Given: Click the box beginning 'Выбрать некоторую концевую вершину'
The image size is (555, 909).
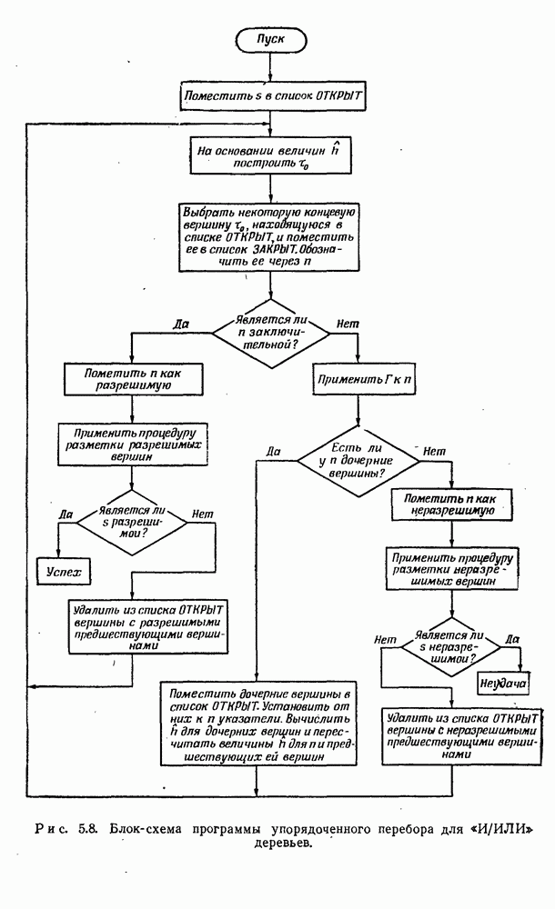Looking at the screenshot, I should (x=270, y=235).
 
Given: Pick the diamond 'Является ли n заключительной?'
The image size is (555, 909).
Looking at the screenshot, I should (x=270, y=334).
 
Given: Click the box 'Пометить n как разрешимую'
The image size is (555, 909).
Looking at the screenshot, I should (x=131, y=379).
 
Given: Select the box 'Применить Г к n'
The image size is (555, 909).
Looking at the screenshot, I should (x=361, y=379).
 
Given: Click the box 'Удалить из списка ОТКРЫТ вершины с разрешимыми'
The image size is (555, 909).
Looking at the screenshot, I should (x=133, y=626).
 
